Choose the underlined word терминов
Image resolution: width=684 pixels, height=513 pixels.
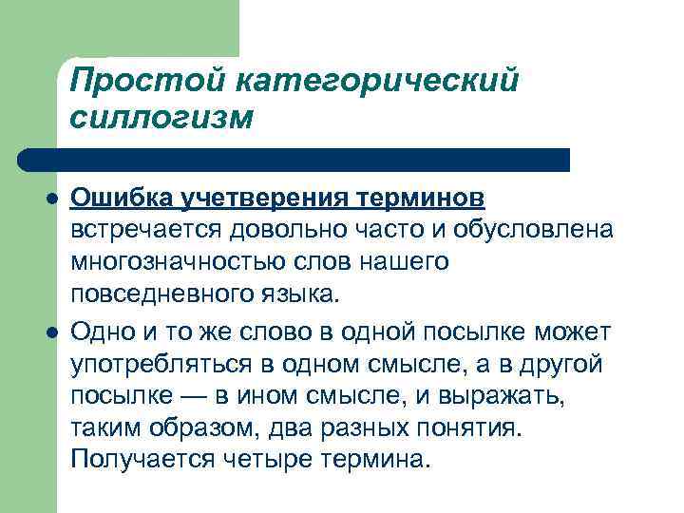pyautogui.click(x=421, y=199)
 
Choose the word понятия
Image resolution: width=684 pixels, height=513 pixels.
pyautogui.click(x=474, y=426)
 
